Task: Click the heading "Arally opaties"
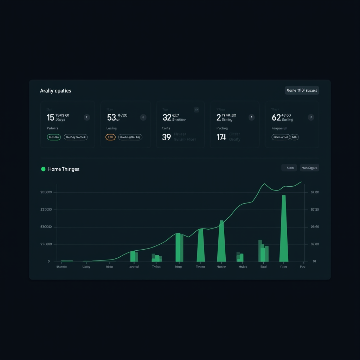tap(56, 91)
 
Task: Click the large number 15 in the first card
tap(50, 117)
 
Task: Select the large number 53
tap(111, 117)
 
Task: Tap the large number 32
tap(167, 117)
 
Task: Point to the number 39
tap(166, 137)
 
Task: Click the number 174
tap(221, 137)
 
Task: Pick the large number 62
tap(276, 117)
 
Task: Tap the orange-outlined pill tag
tap(110, 137)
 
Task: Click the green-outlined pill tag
tap(54, 137)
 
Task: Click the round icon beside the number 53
tap(143, 117)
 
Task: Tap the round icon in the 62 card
tap(311, 117)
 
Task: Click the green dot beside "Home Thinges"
tap(43, 169)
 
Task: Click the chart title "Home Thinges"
tap(64, 169)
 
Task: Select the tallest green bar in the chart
tap(284, 229)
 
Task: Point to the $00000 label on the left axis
tap(46, 192)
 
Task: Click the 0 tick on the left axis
tap(49, 262)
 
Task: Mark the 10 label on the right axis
tap(314, 262)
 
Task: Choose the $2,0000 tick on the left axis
tap(46, 244)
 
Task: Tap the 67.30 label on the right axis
tap(315, 210)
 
